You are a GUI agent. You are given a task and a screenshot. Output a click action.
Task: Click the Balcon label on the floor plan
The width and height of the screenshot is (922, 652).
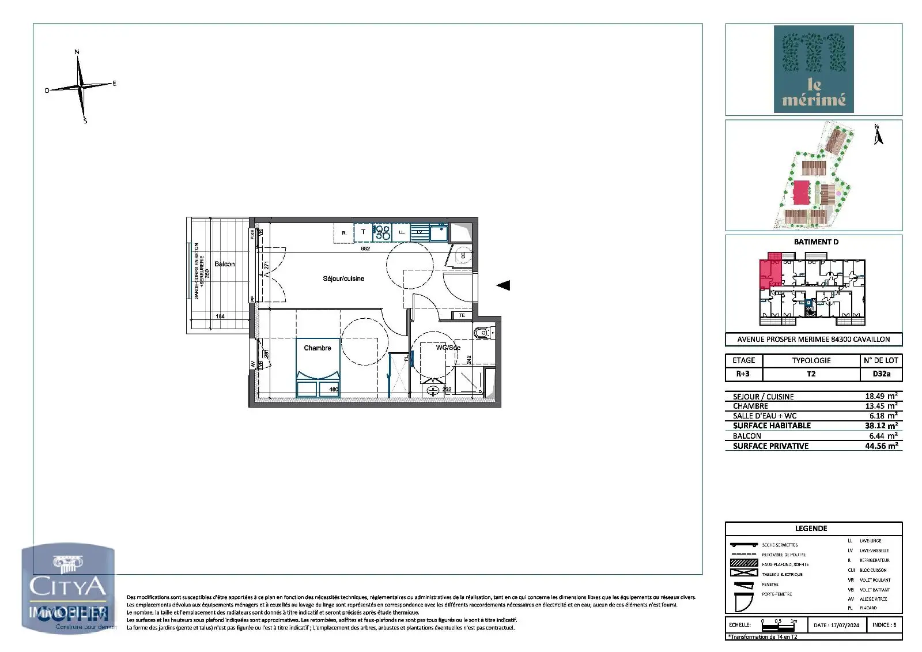[x=224, y=264]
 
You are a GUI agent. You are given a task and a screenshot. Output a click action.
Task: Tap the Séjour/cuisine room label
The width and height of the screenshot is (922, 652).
[x=343, y=278]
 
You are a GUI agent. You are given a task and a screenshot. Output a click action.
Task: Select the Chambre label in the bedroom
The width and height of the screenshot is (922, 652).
[x=318, y=348]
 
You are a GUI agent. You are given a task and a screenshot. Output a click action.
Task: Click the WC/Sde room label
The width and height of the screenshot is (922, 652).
[x=448, y=348]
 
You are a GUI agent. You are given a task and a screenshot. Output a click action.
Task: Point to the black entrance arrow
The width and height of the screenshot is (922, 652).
[x=503, y=285]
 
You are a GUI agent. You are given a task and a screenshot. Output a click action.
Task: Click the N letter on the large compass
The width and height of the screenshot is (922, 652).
[x=77, y=52]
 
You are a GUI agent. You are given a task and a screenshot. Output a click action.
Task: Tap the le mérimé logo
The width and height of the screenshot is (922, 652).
[x=814, y=69]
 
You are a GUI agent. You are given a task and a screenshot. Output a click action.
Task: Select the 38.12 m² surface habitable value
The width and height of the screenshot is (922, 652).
[x=881, y=425]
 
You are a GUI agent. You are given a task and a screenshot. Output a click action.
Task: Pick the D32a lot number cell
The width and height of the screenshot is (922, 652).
[x=881, y=374]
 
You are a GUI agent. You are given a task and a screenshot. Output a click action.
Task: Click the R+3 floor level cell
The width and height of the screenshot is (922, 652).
[x=743, y=374]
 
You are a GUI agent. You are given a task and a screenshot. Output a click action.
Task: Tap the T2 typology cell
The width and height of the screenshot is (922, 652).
[x=811, y=374]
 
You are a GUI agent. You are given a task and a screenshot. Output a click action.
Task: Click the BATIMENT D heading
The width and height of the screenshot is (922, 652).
[x=816, y=242]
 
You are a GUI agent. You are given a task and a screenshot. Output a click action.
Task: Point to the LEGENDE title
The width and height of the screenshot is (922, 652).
[x=811, y=528]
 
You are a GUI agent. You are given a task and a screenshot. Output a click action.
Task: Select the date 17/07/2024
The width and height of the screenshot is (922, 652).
[x=836, y=625]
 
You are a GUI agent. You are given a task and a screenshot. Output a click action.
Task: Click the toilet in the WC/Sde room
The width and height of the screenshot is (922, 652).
[x=481, y=333]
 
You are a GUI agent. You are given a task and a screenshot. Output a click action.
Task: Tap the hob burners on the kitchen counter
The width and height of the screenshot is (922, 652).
[x=383, y=232]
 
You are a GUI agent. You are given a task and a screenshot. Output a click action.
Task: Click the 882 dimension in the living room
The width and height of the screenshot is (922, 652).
[x=365, y=249]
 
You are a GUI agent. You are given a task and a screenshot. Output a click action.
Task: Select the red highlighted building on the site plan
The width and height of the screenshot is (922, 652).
[x=800, y=192]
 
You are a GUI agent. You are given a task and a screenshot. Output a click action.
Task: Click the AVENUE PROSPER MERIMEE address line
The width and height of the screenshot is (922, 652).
[x=813, y=339]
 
